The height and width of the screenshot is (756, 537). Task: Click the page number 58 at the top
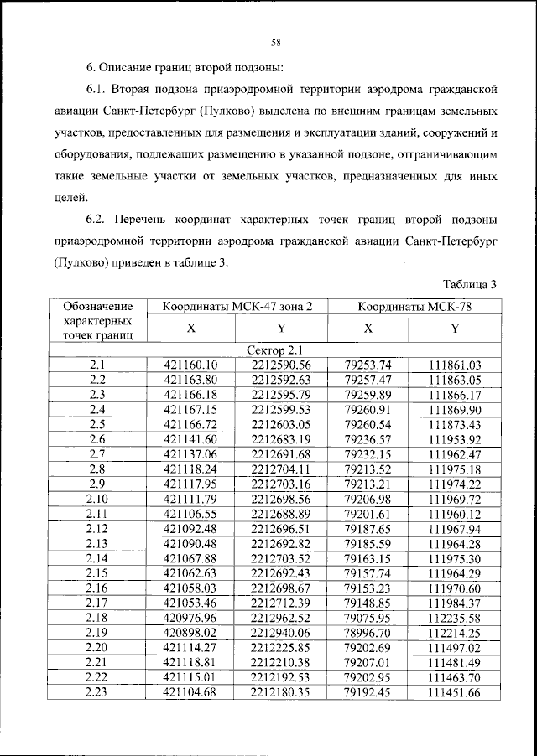pyautogui.click(x=274, y=43)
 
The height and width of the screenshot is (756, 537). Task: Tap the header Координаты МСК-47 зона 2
pyautogui.click(x=237, y=307)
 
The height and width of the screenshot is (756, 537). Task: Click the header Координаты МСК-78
pyautogui.click(x=414, y=307)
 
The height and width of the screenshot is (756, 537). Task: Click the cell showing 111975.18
pyautogui.click(x=454, y=469)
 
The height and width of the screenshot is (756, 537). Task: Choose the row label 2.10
pyautogui.click(x=97, y=500)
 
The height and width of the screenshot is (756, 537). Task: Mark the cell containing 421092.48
pyautogui.click(x=191, y=530)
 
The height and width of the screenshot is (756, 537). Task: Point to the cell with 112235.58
pyautogui.click(x=454, y=620)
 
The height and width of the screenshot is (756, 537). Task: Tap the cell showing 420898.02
pyautogui.click(x=191, y=635)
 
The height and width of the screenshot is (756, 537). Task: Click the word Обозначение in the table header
pyautogui.click(x=97, y=307)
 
